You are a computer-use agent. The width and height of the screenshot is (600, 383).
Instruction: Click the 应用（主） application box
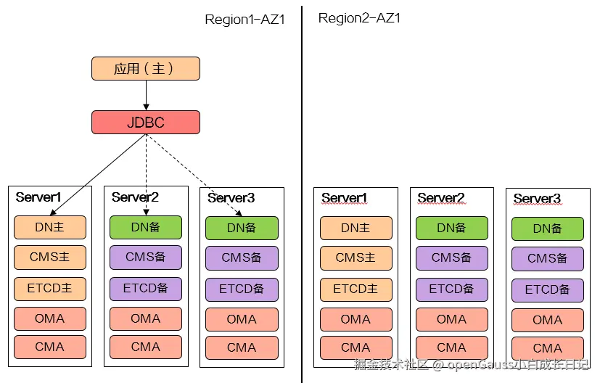click(145, 69)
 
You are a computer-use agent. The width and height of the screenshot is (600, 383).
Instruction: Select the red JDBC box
click(145, 123)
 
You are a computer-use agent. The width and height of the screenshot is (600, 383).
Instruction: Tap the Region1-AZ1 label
click(244, 20)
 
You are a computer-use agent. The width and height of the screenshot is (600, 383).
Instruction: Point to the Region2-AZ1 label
click(359, 18)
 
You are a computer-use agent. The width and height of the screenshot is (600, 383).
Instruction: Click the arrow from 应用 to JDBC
click(146, 95)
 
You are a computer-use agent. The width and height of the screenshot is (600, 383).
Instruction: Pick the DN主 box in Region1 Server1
click(49, 228)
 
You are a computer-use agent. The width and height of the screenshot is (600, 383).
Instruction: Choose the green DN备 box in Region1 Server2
click(145, 227)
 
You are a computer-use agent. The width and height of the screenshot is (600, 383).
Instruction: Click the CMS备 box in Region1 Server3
click(242, 258)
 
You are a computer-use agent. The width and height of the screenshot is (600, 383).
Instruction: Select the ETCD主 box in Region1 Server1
click(49, 288)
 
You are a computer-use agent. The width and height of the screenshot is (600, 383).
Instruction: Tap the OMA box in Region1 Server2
click(145, 318)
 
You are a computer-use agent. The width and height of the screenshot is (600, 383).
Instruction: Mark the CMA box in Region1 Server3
click(242, 347)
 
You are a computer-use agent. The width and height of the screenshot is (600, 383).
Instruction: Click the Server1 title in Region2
click(345, 198)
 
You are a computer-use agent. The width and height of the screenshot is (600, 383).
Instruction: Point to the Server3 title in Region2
click(537, 199)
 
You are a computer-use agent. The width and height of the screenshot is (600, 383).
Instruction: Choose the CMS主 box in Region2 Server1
click(356, 258)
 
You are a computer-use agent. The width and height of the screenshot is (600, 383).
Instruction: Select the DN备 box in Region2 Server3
click(547, 229)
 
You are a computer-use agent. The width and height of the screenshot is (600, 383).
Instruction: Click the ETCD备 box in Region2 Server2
click(451, 289)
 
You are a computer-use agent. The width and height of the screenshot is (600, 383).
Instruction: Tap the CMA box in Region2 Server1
click(356, 347)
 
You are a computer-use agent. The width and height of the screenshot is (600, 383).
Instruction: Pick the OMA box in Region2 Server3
click(547, 320)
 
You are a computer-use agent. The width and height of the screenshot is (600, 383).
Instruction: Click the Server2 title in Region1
click(135, 197)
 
